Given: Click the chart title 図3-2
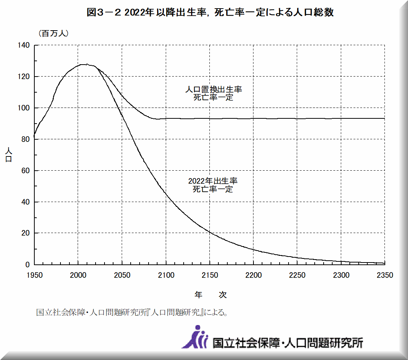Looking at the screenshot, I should [210, 13].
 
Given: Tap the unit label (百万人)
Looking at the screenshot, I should [53, 33].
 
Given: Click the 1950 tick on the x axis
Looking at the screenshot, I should [34, 275].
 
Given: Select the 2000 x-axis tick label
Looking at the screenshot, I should [78, 275].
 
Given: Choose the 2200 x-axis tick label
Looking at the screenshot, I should [253, 275].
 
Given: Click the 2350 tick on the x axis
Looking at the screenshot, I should [385, 275].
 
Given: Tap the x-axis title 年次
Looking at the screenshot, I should [211, 295].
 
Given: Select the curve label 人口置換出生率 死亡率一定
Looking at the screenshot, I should [214, 93].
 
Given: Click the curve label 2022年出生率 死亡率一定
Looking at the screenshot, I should [213, 185].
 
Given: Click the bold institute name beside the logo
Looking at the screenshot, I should [287, 342].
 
